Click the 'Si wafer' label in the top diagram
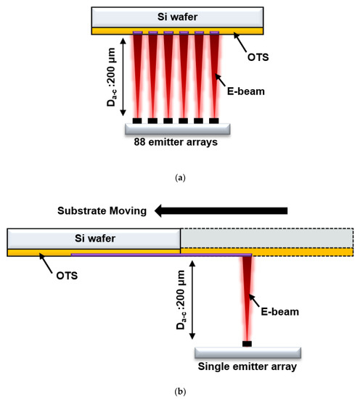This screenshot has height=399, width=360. click(x=178, y=17)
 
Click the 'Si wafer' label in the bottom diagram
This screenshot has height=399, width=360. click(x=93, y=237)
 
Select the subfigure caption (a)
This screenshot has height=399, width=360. click(x=179, y=176)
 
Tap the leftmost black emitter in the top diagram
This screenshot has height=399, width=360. click(x=137, y=120)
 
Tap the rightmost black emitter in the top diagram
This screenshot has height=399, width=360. click(x=215, y=120)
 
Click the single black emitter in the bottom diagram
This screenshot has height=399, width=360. click(x=247, y=342)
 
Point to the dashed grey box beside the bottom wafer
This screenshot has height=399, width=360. click(x=266, y=237)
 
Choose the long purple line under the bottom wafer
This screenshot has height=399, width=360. click(x=160, y=255)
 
